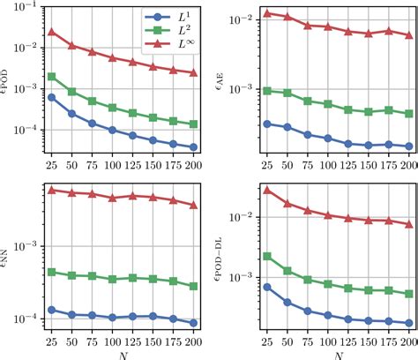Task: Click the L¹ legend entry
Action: point(157,17)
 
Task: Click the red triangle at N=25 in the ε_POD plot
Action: point(51,32)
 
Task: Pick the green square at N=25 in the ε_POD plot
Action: point(51,76)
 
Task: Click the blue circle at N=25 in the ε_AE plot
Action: point(266,124)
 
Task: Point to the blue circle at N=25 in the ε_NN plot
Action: point(51,310)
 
